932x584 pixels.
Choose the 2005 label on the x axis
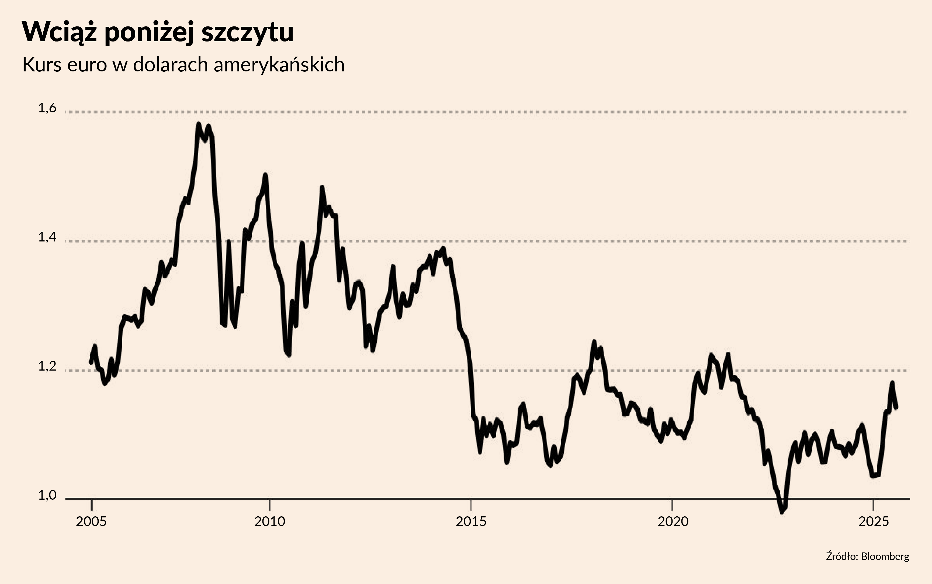[91, 522]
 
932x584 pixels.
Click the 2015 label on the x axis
[471, 522]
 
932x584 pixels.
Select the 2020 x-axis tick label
[673, 522]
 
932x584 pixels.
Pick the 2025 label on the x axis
[873, 522]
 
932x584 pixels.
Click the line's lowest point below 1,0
[782, 512]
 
